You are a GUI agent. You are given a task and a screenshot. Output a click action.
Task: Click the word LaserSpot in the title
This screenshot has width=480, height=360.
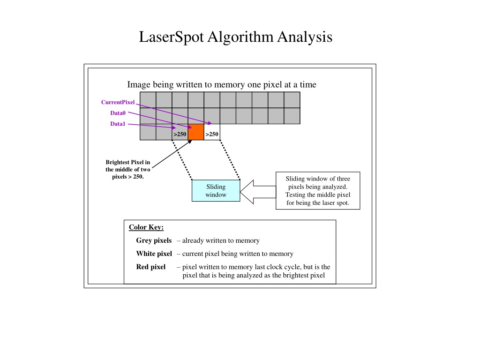[172, 37]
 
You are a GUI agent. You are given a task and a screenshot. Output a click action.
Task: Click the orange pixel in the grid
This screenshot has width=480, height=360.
[196, 132]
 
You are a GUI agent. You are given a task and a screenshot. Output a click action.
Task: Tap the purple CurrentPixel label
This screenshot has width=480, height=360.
[118, 102]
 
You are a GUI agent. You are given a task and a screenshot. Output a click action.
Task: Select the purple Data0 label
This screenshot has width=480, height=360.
[118, 113]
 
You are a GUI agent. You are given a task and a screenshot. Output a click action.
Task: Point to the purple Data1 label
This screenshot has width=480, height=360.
[118, 124]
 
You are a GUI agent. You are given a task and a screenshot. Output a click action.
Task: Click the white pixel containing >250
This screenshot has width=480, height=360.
[212, 132]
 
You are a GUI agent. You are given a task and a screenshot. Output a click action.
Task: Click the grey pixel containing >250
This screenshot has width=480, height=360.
[180, 132]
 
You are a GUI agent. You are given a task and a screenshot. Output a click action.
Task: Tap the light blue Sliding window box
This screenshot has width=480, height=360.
[216, 190]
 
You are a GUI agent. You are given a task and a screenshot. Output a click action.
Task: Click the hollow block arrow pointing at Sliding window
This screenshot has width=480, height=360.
[258, 192]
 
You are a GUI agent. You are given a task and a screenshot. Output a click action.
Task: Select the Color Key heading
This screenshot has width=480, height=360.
[146, 227]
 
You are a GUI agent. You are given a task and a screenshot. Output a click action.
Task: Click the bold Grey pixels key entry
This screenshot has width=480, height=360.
[154, 240]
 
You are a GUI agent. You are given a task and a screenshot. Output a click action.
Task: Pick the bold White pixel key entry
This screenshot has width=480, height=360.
[154, 254]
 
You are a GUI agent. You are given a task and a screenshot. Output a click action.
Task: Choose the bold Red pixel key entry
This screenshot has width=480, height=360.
[150, 267]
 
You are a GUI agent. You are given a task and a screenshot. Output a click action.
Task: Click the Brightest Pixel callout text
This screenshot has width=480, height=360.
[128, 169]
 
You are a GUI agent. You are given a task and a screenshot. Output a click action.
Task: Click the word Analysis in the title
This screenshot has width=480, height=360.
[305, 37]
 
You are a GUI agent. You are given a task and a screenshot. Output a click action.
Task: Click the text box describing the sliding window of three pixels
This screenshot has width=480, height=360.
[318, 190]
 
